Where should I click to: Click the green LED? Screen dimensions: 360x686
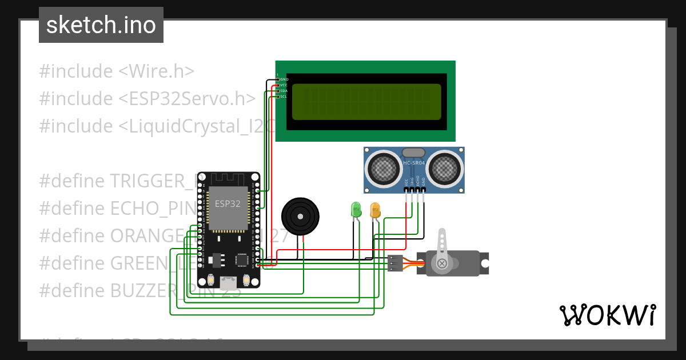[x=356, y=209]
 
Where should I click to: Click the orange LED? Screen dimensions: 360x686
[x=375, y=210]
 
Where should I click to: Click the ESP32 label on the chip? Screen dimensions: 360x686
[x=228, y=204]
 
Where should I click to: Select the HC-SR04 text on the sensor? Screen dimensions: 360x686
[x=414, y=164]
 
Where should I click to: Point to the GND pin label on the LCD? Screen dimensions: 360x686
[x=284, y=79]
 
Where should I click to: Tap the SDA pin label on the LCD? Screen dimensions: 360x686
[x=284, y=91]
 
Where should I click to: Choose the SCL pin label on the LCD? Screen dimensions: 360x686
[x=284, y=97]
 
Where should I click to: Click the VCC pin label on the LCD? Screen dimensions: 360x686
[x=284, y=85]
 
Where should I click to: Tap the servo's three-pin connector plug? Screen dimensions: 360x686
[x=395, y=263]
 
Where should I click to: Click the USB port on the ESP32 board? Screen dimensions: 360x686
[x=229, y=282]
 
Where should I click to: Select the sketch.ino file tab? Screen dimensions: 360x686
[x=101, y=25]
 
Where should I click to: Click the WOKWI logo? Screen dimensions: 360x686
[x=607, y=315]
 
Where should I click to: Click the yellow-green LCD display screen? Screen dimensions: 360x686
[x=366, y=102]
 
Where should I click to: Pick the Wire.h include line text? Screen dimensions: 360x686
[x=117, y=71]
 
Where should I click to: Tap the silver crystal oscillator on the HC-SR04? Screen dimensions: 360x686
[x=413, y=153]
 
